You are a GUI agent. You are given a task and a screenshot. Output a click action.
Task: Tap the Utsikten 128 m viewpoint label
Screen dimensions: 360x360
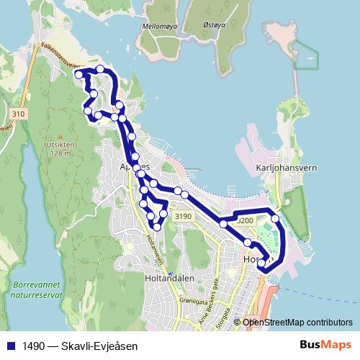60,148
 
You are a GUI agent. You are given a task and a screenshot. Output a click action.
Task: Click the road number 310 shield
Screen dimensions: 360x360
18,114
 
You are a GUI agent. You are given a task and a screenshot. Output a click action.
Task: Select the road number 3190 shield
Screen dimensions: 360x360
184,216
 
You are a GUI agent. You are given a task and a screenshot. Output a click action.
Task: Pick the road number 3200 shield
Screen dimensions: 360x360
244,220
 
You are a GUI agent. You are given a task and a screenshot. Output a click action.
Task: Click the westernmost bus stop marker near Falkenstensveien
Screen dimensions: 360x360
78,74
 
